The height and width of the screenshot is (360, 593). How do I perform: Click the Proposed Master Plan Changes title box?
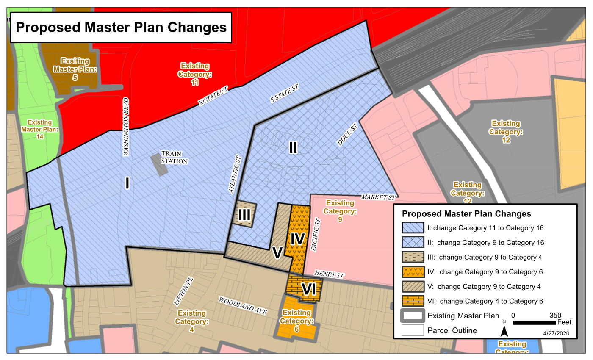[x=121, y=28]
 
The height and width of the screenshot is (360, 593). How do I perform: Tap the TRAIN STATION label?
[x=174, y=158]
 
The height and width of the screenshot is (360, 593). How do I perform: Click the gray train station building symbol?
[x=159, y=165]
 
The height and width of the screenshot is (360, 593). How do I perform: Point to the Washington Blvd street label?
[x=126, y=127]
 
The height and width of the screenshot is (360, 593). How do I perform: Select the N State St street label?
[x=213, y=96]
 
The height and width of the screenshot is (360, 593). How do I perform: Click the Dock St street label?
[x=345, y=136]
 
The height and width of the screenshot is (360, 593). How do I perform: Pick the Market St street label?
[x=378, y=197]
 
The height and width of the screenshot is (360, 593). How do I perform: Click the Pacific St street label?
[x=316, y=235]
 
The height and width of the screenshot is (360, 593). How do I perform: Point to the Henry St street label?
[x=329, y=274]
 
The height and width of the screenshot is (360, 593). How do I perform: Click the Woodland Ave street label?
[x=243, y=305]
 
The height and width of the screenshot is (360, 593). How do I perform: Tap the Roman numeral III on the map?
[x=244, y=215]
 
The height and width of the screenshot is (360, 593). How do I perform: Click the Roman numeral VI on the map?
[x=309, y=289]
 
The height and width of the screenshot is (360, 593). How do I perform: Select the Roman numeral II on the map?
[x=293, y=147]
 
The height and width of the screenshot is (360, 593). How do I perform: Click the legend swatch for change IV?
[x=413, y=272]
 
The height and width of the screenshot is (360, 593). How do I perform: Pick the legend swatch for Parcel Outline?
[x=413, y=330]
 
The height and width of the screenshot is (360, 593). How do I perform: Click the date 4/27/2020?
[x=556, y=333]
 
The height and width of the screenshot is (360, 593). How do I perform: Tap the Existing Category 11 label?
[x=195, y=74]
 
